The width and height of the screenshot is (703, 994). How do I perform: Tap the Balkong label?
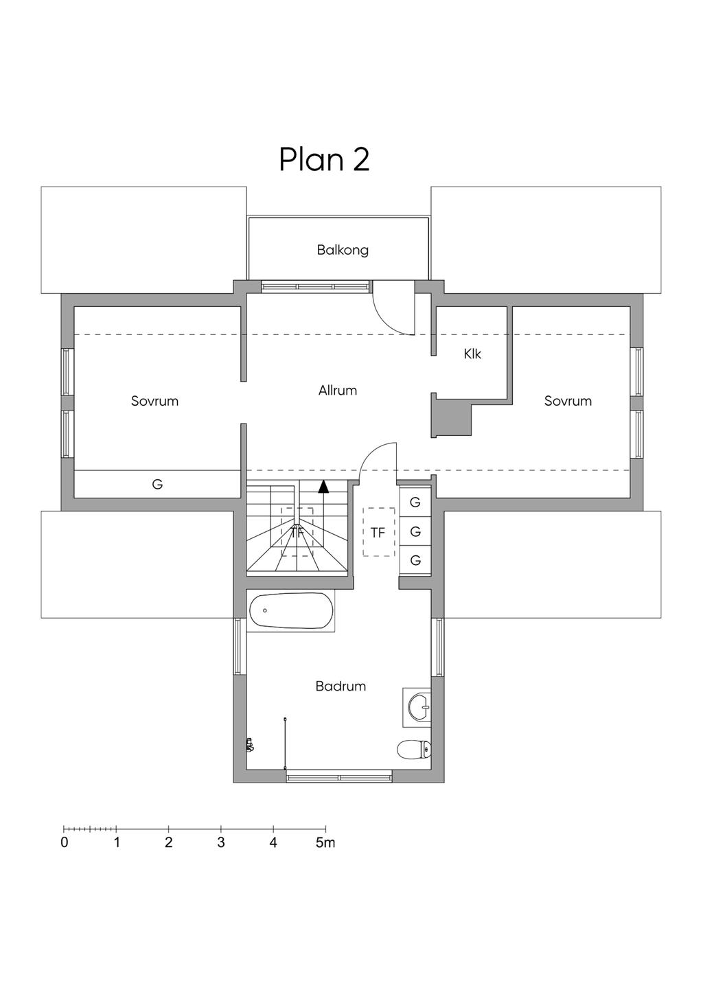(x=343, y=251)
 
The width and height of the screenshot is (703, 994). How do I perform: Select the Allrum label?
(x=338, y=391)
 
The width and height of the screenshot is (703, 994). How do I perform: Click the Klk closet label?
(x=472, y=354)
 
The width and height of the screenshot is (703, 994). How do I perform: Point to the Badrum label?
(x=341, y=686)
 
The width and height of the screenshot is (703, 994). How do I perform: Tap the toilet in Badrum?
(x=414, y=750)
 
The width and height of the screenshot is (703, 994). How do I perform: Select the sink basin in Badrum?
(x=417, y=707)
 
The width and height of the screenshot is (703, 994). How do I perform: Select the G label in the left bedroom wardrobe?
(x=157, y=484)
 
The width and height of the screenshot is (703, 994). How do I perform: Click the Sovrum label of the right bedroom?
(x=568, y=401)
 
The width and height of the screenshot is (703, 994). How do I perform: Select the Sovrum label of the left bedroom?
(x=155, y=401)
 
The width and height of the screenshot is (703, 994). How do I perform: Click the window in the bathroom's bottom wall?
(x=339, y=777)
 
